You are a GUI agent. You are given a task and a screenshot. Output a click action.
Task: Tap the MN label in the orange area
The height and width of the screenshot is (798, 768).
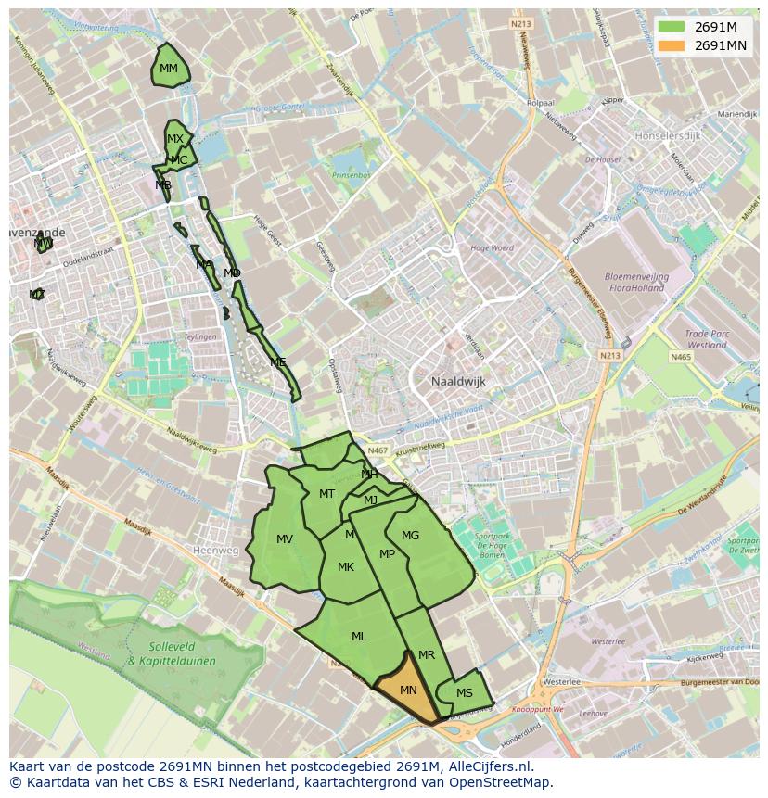tap(408, 690)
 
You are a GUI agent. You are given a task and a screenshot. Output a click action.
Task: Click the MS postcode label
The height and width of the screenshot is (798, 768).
tap(465, 693)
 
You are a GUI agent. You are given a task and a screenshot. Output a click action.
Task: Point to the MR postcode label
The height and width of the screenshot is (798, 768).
tap(427, 655)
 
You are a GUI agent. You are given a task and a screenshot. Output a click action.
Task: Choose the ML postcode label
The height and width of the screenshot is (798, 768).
tap(359, 637)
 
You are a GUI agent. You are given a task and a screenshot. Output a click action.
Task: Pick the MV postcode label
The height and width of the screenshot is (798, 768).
tap(285, 539)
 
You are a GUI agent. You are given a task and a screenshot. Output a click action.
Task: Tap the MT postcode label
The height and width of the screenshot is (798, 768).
tap(326, 494)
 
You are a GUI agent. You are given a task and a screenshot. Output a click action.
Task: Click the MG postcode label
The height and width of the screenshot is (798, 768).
tap(410, 536)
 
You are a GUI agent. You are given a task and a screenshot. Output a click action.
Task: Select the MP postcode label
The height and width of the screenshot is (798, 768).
tap(388, 554)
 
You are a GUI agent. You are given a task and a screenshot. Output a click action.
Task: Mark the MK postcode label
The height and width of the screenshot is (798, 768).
tap(346, 567)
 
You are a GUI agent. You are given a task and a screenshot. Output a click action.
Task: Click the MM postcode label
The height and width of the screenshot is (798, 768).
tap(169, 69)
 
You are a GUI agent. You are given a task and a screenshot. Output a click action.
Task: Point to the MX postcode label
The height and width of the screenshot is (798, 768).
tap(174, 139)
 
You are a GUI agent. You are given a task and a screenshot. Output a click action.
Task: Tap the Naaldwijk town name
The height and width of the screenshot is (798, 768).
tap(458, 381)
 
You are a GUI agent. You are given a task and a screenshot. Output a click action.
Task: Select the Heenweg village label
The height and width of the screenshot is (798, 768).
tap(215, 550)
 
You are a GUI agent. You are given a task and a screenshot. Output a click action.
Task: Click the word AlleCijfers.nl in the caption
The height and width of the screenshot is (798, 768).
tap(499, 766)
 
